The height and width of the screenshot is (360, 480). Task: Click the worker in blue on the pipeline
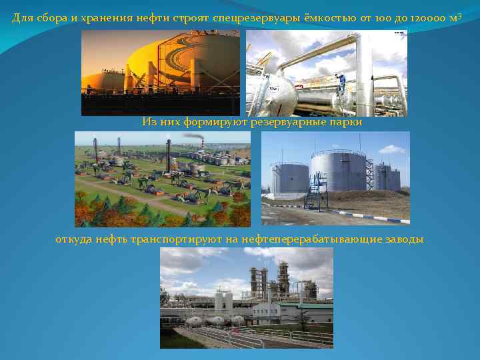[342, 82]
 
